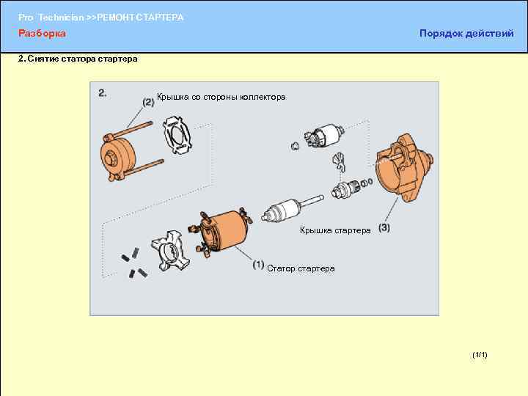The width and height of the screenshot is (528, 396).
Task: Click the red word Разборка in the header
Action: [42, 34]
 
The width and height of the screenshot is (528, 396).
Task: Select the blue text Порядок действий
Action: [466, 34]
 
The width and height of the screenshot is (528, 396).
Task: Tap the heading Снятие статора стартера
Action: [82, 59]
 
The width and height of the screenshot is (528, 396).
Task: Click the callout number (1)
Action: [258, 265]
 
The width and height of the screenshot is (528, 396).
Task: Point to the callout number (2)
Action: [148, 103]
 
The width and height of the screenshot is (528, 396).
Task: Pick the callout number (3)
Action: [384, 228]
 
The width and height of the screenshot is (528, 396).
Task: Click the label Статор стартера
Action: [301, 268]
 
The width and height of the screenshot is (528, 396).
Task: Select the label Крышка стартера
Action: [335, 230]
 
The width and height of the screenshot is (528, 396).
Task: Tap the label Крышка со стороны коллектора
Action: [221, 98]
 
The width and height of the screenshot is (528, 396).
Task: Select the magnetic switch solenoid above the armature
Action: [323, 136]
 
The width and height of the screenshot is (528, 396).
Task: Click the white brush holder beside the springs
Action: [170, 251]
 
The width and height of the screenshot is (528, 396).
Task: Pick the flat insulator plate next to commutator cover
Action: [177, 135]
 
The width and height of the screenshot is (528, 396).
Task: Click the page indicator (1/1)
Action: [480, 355]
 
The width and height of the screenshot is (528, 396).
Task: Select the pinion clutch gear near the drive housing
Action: [347, 190]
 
